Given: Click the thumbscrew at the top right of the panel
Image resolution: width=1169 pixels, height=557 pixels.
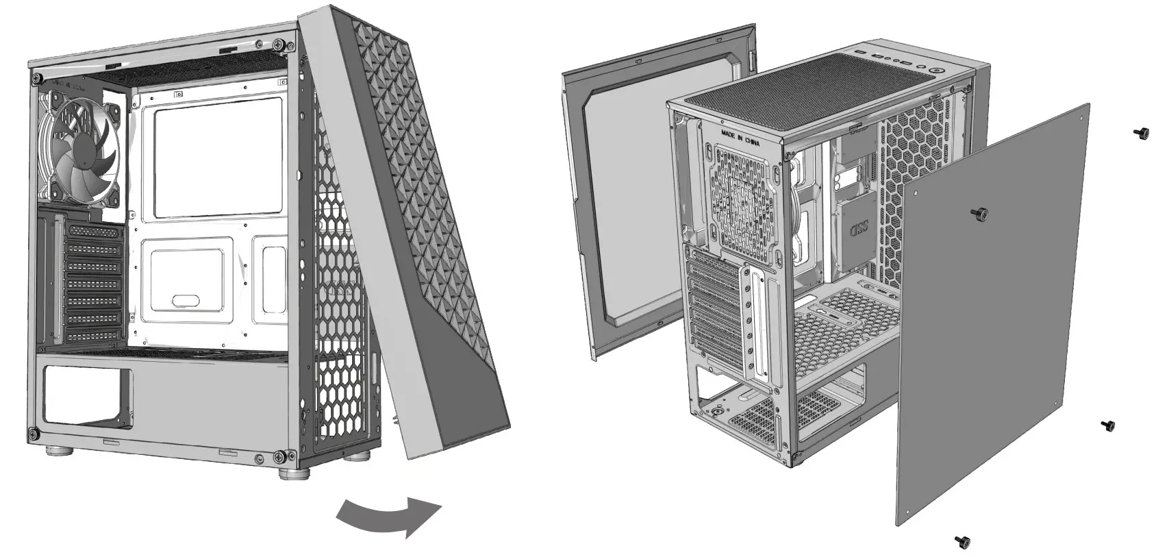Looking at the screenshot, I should (1142, 134).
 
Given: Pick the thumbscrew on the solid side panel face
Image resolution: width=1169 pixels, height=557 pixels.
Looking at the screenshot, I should (981, 215).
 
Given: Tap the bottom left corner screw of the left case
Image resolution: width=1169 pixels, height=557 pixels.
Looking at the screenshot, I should (32, 433).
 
